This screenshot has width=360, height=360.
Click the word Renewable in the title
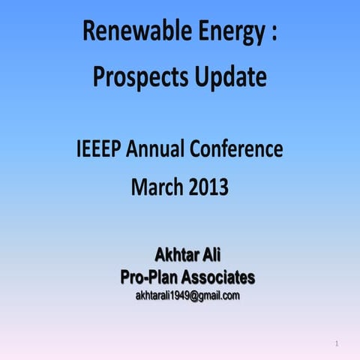pos(129,33)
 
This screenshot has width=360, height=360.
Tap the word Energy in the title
pos(223,33)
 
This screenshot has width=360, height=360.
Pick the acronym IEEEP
pos(99,150)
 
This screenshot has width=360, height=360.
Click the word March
pos(156,187)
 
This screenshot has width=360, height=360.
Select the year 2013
pos(205,187)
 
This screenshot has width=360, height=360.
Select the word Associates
pos(217,277)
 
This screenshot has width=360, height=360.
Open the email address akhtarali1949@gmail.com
pos(187,296)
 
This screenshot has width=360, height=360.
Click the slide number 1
pos(337,344)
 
